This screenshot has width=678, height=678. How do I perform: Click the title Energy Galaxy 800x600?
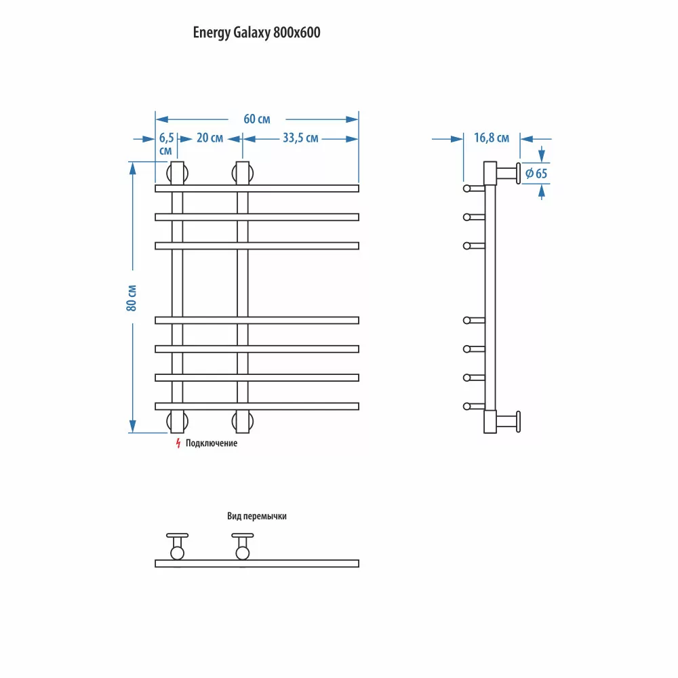[x=256, y=33]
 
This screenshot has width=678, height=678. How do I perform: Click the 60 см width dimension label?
[x=257, y=119]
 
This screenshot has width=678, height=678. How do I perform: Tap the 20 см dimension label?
[x=210, y=138]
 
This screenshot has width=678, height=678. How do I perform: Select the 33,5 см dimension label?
[x=300, y=138]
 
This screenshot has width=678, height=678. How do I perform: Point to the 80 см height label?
[x=132, y=298]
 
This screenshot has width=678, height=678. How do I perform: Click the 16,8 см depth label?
[x=491, y=138]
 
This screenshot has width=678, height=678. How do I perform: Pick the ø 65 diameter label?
[x=536, y=174]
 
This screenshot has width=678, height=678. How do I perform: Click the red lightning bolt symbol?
[x=178, y=443]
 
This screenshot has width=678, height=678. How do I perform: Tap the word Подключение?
[x=212, y=443]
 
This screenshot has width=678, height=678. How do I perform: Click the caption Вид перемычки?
[x=257, y=516]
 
